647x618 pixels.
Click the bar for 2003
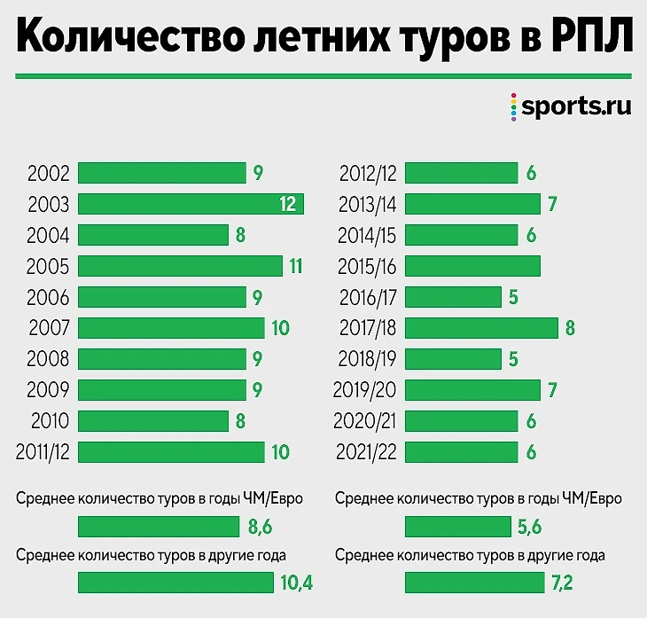[x=191, y=204]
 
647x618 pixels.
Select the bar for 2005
[x=180, y=266]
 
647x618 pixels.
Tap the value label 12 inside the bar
[x=287, y=205]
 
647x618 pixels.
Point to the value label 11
[x=295, y=266]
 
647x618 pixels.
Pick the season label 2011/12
[x=43, y=452]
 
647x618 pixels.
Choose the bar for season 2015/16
[x=472, y=266]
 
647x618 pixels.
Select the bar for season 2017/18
[x=481, y=328]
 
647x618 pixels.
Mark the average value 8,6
[x=259, y=528]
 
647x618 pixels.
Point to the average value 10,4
[x=296, y=583]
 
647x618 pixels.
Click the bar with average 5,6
[x=455, y=528]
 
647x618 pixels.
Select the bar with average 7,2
[x=471, y=583]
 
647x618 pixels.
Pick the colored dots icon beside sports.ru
[x=512, y=107]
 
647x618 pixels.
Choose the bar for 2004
[x=153, y=235]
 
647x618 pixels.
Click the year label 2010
[x=48, y=421]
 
